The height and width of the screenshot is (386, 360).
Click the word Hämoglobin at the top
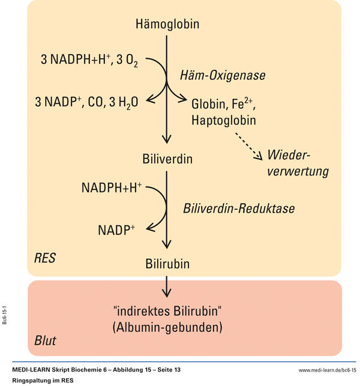(167, 25)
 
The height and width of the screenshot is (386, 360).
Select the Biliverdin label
(167, 160)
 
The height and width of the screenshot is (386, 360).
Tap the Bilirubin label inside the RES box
(167, 264)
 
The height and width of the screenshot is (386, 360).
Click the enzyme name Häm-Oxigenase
(222, 76)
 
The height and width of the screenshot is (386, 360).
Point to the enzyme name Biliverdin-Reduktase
(239, 209)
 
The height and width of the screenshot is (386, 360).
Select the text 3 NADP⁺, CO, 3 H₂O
(86, 102)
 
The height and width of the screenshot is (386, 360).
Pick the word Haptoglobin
(223, 120)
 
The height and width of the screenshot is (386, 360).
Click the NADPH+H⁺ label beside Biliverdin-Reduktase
(112, 188)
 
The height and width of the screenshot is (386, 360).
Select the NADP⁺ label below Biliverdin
(116, 230)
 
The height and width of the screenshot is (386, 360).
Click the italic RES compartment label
(45, 259)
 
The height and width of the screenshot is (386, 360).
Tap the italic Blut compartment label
(45, 341)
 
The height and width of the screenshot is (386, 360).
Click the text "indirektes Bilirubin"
(167, 311)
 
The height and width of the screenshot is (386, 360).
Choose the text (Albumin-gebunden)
(167, 328)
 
